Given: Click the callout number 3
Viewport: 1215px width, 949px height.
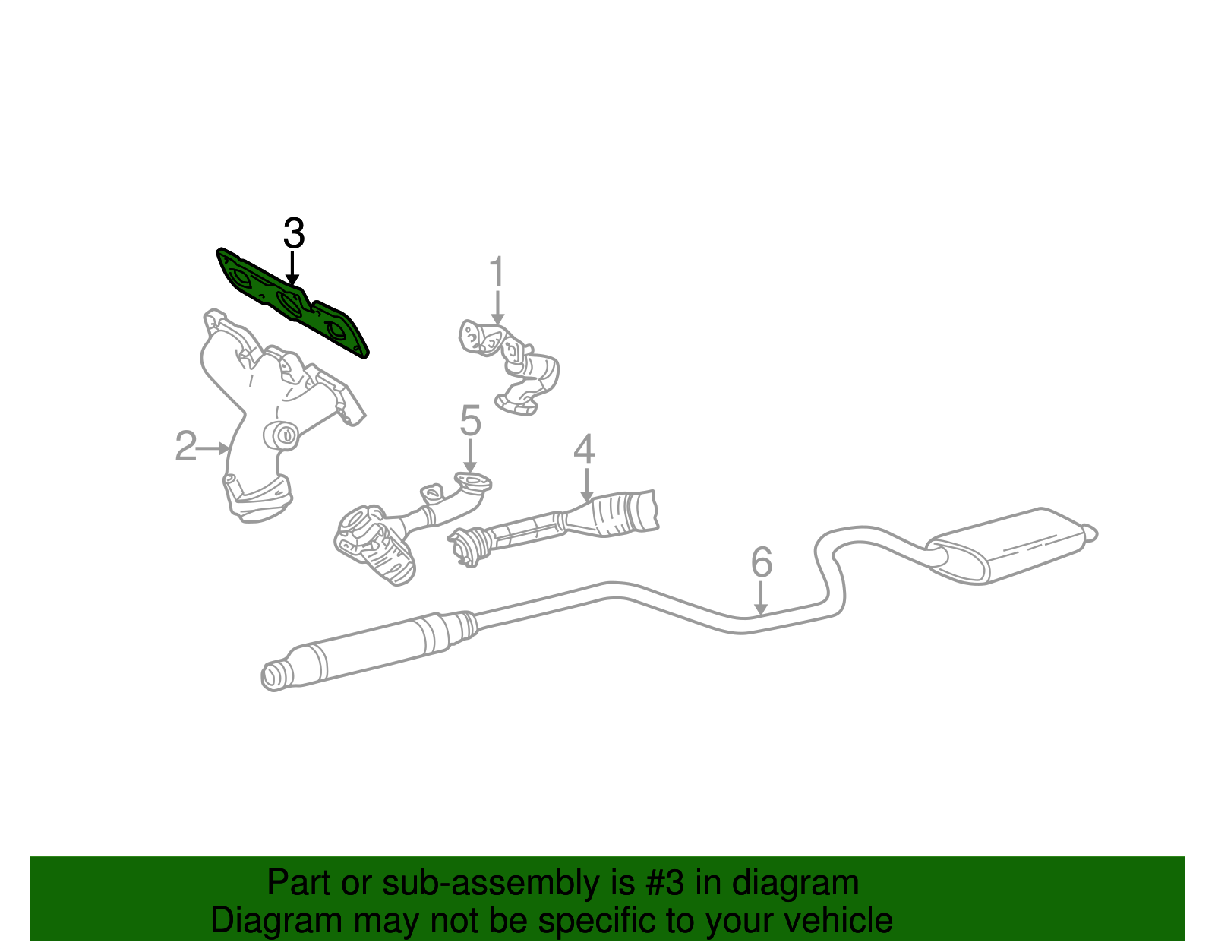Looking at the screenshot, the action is pos(294,233).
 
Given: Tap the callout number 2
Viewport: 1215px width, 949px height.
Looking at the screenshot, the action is pos(185,446).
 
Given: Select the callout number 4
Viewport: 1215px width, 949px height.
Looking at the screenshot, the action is pos(584,449).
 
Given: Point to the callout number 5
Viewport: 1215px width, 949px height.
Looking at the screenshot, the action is pos(470,420).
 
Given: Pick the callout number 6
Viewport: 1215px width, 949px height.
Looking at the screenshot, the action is pos(762,562).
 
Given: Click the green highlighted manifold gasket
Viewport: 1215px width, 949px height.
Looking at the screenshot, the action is pos(292,302).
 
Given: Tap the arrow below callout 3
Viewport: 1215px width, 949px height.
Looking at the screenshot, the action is pos(292,268).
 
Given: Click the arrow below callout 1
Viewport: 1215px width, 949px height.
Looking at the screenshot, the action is pos(497,306).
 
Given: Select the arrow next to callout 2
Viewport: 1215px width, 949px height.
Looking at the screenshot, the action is pos(213,448).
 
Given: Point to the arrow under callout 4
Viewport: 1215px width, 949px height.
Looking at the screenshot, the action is pos(586,486).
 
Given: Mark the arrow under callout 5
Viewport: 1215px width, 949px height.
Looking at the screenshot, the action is pos(469,457).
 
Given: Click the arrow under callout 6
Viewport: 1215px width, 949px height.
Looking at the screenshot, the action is pos(760,599).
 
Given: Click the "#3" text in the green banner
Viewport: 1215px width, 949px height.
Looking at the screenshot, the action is pos(664,883).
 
